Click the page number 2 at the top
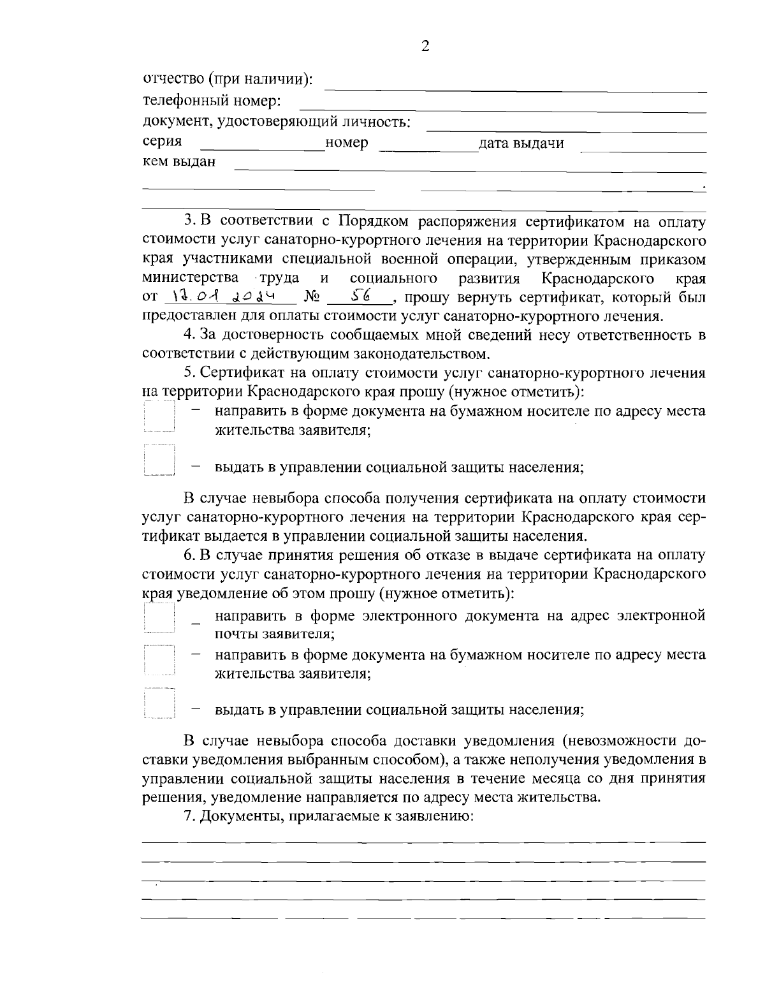pos(426,45)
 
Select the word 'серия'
pos(162,141)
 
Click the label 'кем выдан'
pos(179,161)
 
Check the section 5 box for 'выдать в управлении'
pos(159,460)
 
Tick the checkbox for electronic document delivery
pos(159,617)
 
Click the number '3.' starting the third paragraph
pos(191,221)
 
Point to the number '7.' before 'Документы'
pos(189,817)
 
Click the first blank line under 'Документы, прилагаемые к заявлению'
pos(423,842)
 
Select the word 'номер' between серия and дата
pos(346,143)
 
